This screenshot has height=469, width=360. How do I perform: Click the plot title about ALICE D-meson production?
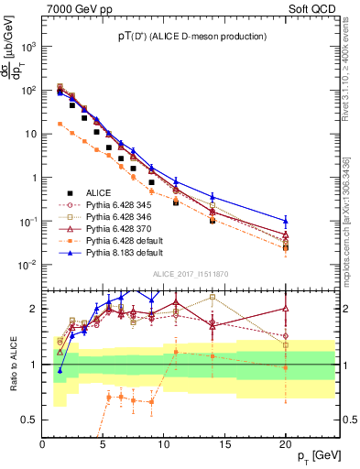click(191, 37)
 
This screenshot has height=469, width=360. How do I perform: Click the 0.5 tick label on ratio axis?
click(32, 420)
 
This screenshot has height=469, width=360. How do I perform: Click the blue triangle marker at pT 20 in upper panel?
click(285, 221)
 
